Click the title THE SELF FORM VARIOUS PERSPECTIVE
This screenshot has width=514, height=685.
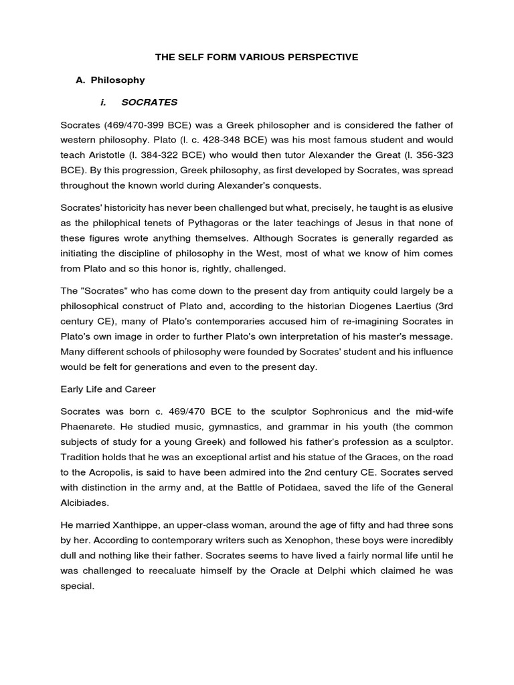[257, 58]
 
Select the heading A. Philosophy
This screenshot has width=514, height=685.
[110, 80]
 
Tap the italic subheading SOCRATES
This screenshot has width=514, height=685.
[149, 102]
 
